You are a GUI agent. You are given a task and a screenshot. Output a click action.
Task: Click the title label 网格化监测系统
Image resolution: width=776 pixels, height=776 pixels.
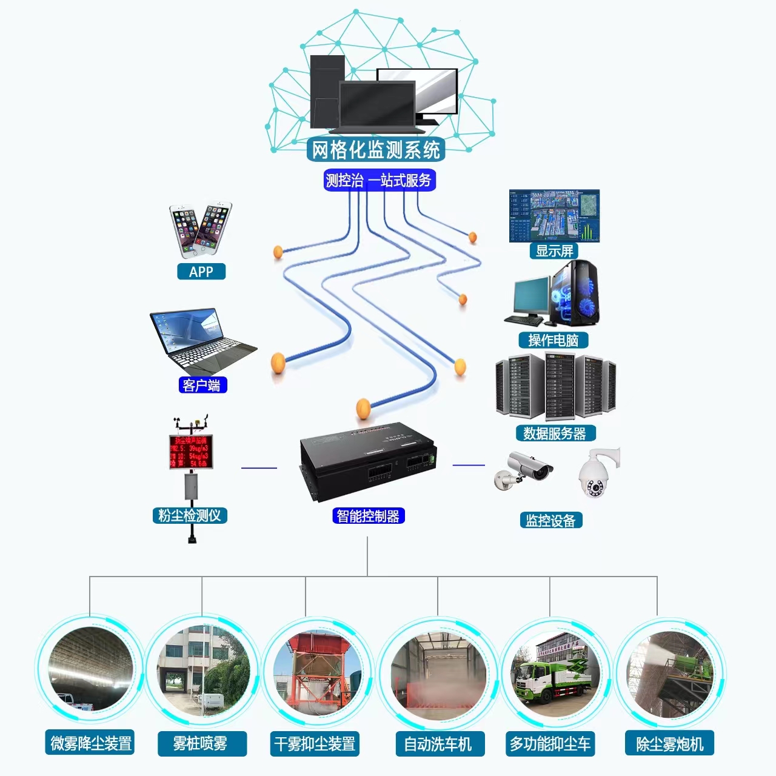click(x=376, y=150)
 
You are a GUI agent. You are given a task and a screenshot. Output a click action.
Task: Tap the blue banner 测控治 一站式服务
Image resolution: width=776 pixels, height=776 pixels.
click(x=379, y=180)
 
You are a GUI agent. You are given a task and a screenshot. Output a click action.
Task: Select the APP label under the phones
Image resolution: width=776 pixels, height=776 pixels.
click(x=201, y=272)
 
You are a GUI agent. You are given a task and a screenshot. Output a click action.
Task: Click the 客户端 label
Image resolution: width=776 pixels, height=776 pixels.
click(x=202, y=385)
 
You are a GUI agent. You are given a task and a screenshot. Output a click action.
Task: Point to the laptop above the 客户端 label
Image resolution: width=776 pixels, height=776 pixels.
click(x=201, y=341)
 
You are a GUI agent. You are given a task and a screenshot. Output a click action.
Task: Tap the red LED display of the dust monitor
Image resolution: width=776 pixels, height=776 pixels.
click(x=191, y=452)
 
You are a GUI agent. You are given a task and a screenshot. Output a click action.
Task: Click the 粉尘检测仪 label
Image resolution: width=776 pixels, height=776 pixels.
click(x=190, y=516)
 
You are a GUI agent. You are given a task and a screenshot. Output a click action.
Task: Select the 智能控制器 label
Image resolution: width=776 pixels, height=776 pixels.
click(x=368, y=516)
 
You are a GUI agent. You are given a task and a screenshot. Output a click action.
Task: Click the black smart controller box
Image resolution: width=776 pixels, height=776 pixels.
click(x=368, y=461)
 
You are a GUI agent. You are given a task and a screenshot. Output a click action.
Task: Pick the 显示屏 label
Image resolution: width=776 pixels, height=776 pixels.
click(x=554, y=251)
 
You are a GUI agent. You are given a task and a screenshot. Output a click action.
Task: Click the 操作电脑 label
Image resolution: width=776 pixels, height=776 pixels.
click(x=554, y=340)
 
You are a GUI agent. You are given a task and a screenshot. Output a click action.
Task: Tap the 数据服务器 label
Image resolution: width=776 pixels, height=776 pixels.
click(x=555, y=433)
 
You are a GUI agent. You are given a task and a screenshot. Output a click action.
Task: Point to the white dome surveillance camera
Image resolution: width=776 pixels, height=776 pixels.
click(x=595, y=475)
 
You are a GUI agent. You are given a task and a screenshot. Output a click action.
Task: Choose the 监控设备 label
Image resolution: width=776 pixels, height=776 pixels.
click(x=550, y=520)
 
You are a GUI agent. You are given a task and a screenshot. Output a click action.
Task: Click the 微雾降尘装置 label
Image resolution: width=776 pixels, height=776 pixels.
click(x=90, y=743)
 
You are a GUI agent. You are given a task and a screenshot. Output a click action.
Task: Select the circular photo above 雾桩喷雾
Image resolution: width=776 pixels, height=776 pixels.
click(x=202, y=670)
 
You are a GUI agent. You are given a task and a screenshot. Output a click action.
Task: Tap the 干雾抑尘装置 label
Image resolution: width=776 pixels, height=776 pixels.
click(x=315, y=743)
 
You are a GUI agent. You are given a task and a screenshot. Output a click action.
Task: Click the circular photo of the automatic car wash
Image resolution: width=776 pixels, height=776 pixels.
click(x=438, y=673)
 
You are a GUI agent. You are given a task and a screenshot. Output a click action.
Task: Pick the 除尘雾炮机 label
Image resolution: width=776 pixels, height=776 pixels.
click(x=669, y=743)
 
